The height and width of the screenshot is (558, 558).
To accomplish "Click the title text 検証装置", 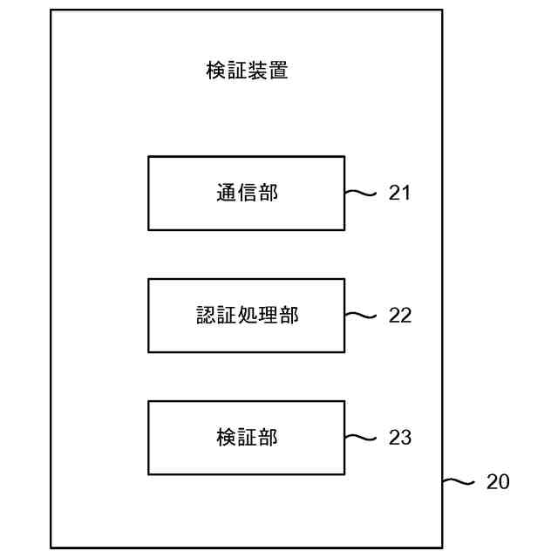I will (247, 71).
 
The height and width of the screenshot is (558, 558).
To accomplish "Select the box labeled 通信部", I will (246, 193).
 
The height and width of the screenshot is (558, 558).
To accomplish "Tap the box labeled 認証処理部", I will (246, 315).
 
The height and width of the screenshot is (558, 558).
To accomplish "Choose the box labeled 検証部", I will (246, 437).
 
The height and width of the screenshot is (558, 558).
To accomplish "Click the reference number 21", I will (399, 194).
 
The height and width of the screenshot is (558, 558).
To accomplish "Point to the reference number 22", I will (399, 316).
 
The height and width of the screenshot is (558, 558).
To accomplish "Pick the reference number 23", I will (399, 438).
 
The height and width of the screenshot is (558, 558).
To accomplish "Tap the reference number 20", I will (498, 481).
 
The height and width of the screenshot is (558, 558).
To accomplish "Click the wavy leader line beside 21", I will (360, 194).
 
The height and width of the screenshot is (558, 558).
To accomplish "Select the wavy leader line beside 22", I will (360, 316).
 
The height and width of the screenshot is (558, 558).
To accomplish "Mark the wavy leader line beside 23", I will (360, 438).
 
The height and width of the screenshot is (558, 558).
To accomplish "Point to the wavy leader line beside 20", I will (459, 481).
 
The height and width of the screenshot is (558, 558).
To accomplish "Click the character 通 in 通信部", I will (226, 193).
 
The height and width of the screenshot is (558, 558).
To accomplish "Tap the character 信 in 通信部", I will (247, 193).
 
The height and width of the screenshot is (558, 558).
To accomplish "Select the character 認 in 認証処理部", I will (205, 315).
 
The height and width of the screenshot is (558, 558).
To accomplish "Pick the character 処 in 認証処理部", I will (247, 315).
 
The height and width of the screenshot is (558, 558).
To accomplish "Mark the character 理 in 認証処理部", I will (268, 315).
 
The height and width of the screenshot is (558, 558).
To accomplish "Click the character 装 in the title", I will (257, 71).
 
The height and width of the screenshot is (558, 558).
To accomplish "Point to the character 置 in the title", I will (278, 71).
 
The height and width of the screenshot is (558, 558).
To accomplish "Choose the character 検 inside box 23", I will (226, 437).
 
